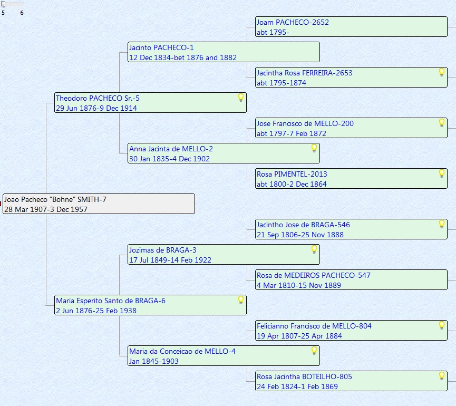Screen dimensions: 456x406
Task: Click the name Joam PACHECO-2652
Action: (293, 22)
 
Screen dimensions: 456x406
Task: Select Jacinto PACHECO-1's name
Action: (161, 47)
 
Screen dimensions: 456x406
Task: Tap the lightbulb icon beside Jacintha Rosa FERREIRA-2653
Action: (442, 72)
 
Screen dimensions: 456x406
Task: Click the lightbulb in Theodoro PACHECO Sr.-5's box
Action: (241, 98)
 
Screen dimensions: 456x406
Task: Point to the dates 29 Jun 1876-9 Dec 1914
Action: (96, 108)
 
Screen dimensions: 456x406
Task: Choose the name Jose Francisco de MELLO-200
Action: (305, 123)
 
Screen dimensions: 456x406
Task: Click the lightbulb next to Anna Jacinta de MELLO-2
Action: (314, 148)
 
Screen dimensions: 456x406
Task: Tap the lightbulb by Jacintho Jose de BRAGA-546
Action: (442, 224)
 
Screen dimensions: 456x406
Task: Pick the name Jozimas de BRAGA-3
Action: (163, 250)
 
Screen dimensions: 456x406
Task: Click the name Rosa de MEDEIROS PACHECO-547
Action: (314, 275)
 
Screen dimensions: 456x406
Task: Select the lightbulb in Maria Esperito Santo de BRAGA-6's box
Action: (241, 300)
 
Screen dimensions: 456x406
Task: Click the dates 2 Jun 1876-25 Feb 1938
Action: (96, 311)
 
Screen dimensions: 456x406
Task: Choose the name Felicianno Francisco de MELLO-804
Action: (314, 326)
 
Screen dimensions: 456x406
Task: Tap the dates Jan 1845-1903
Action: (154, 361)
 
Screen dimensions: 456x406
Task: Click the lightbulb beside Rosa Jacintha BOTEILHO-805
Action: (442, 376)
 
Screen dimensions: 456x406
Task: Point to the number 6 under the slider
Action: (22, 13)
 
